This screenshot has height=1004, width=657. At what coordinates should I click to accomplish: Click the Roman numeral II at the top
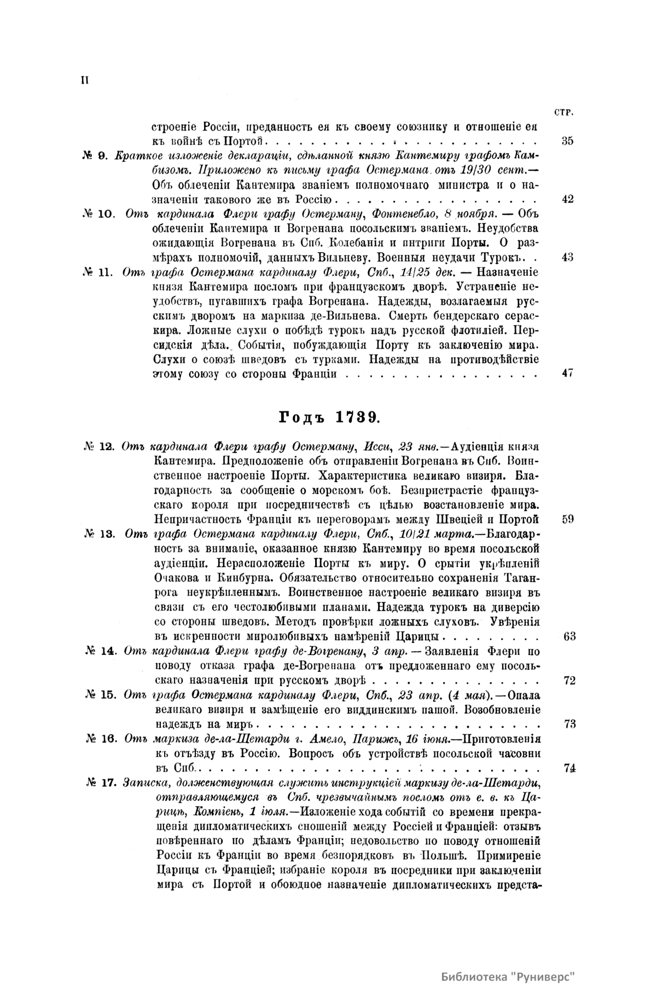[84, 79]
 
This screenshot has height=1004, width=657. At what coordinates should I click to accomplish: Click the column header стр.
[563, 113]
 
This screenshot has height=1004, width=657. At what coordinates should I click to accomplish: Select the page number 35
[567, 141]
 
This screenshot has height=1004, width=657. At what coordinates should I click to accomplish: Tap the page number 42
[567, 199]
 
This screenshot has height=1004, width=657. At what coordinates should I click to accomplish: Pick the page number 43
[567, 257]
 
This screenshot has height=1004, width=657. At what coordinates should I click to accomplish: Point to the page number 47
[567, 374]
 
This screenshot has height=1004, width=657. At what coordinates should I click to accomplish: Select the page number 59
[567, 519]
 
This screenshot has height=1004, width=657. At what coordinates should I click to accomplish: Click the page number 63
[567, 636]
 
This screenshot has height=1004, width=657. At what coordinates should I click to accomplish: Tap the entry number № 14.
[99, 651]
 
